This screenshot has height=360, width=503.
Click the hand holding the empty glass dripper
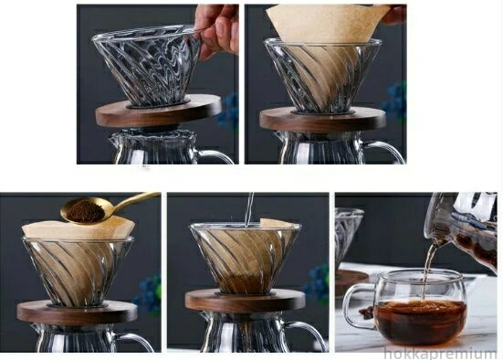point(218,29)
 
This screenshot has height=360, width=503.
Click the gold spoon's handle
point(135,201)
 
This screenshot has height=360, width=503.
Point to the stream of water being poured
point(249,208)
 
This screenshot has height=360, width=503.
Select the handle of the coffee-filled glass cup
point(353,307)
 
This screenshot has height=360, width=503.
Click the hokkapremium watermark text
point(440,354)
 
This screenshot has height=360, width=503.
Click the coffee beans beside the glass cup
point(366,312)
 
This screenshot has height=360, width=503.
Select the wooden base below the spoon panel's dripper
point(77,312)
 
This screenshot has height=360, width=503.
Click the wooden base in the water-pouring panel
point(246,301)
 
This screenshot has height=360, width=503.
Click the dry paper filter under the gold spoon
point(77,228)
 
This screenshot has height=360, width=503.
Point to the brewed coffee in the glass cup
point(421,320)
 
